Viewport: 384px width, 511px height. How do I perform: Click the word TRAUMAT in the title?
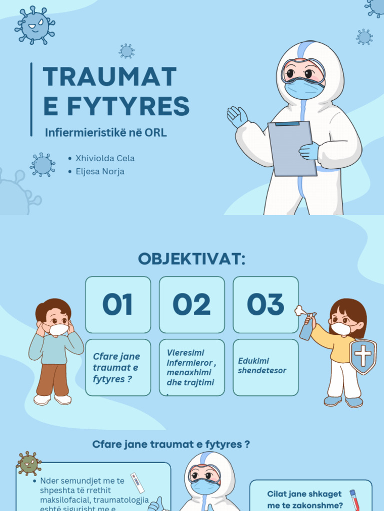point(110,77)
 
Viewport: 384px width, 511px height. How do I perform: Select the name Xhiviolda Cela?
point(105,158)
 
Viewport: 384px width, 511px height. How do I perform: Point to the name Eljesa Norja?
point(100,171)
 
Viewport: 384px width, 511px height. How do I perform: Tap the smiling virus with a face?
point(34,24)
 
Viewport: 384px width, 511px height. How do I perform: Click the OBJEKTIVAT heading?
point(192,259)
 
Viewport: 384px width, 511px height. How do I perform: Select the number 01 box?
point(118,305)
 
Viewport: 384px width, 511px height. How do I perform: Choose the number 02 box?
point(192,305)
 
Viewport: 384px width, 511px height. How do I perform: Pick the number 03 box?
point(265,305)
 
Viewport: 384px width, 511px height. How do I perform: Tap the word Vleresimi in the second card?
point(185,352)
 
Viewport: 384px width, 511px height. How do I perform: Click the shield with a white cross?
point(363,356)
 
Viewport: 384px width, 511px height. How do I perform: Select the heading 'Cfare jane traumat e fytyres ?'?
point(171,444)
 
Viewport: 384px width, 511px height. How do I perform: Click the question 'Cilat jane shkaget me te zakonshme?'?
point(305,499)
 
